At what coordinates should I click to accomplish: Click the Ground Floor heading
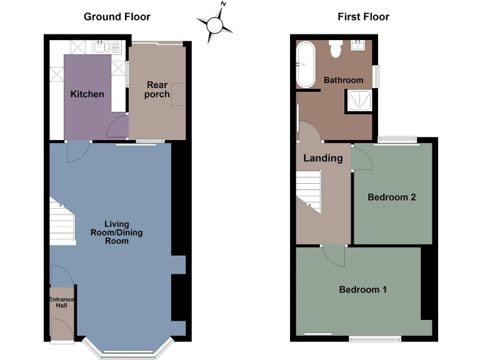(x=117, y=17)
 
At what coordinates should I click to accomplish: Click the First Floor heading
(x=363, y=17)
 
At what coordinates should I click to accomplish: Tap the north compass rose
(x=215, y=24)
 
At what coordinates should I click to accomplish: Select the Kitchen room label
(x=87, y=94)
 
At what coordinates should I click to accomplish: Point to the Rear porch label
(x=157, y=89)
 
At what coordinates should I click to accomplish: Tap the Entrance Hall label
(x=62, y=303)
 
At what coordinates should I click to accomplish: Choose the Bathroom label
(x=343, y=80)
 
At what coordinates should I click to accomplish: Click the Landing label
(x=322, y=158)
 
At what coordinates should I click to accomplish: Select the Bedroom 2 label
(x=391, y=197)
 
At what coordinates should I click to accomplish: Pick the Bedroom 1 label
(x=362, y=289)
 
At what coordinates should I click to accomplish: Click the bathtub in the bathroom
(x=306, y=64)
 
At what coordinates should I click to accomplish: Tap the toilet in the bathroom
(x=335, y=49)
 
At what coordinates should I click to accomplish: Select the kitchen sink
(x=101, y=46)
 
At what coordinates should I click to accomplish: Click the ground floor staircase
(x=62, y=222)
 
